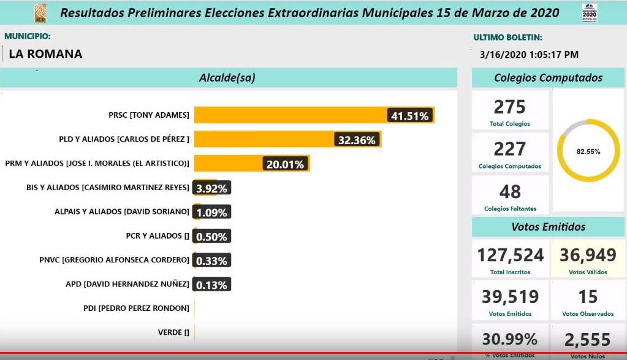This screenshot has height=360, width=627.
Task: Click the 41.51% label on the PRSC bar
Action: [x=411, y=115]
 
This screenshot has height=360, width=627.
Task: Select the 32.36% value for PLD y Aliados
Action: [x=357, y=140]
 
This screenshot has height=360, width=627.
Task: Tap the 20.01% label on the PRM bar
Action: [x=284, y=164]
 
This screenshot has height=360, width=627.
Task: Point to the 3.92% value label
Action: [x=211, y=188]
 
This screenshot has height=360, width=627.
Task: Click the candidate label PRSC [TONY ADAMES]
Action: [x=149, y=115]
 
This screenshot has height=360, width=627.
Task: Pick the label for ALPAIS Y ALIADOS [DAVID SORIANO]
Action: [x=122, y=212]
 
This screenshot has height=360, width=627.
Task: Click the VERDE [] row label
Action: [x=173, y=332]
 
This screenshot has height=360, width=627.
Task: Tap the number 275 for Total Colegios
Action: [x=510, y=107]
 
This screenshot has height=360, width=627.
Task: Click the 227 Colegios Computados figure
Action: [x=510, y=149]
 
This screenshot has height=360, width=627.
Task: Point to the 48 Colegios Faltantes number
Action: [x=510, y=192]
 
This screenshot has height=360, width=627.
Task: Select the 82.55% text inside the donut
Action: [x=588, y=151]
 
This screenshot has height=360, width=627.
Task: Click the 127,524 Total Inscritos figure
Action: [x=511, y=255]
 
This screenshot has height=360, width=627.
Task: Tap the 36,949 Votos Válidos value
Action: [x=588, y=255]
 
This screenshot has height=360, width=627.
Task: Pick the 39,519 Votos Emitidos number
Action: [x=511, y=297]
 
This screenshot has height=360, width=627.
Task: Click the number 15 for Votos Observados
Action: [x=588, y=297]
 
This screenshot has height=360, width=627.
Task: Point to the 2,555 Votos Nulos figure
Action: [x=588, y=340]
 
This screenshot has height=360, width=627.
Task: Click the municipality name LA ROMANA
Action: [x=45, y=54]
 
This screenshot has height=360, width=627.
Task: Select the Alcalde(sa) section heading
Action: [x=227, y=78]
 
